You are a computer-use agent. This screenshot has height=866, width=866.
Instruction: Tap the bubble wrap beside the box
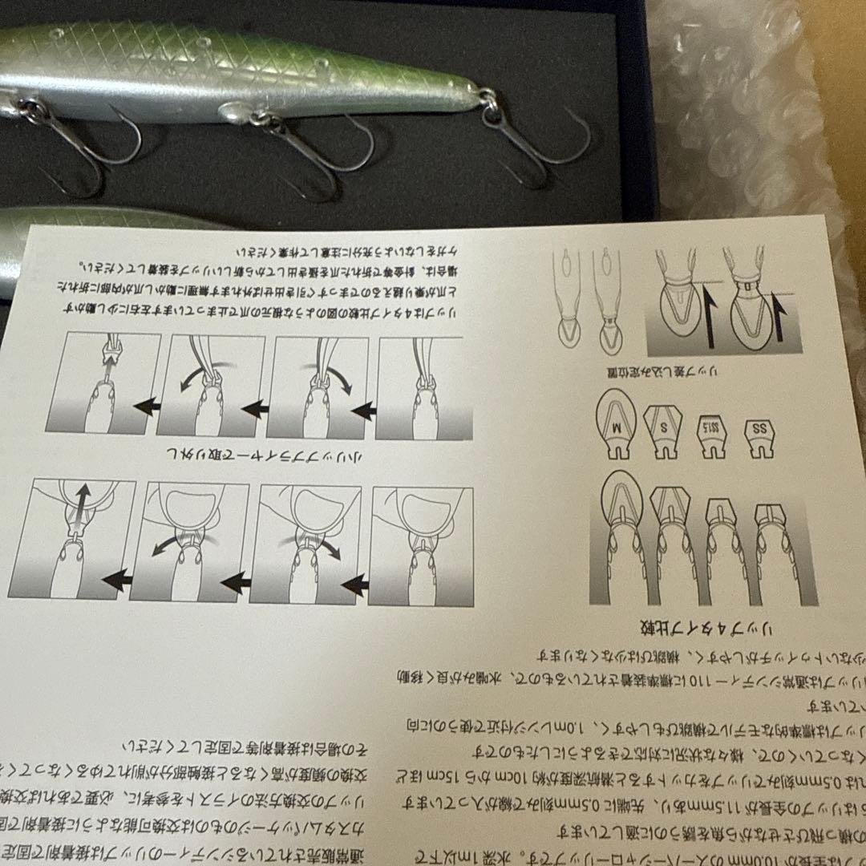point(746,120)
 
